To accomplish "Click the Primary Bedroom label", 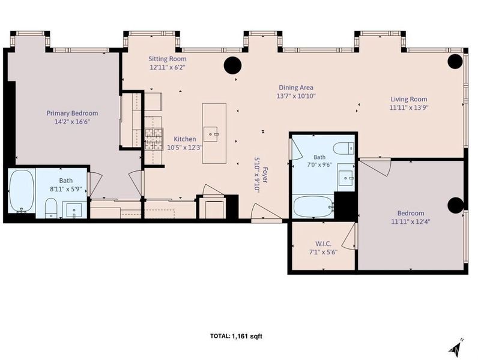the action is (72, 113).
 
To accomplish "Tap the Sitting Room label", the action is (168, 59).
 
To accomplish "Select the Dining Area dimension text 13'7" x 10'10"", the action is (295, 96).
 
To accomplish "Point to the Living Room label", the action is (409, 99).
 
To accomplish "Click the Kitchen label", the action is (185, 139).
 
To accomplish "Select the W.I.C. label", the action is (323, 244).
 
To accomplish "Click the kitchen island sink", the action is (211, 134).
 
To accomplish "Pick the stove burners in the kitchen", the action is (154, 139).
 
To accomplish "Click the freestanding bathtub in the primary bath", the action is (22, 191).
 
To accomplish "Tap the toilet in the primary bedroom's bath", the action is (51, 208).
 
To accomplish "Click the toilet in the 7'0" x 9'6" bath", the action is (343, 149).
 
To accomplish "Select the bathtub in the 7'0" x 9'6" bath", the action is (313, 207).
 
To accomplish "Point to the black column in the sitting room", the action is (232, 65).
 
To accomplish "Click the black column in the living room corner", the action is (455, 61).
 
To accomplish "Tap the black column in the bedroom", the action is (455, 205).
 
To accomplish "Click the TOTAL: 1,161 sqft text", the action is (236, 336).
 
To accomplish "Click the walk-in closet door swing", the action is (349, 236).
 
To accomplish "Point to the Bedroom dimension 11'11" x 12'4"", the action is (411, 222).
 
